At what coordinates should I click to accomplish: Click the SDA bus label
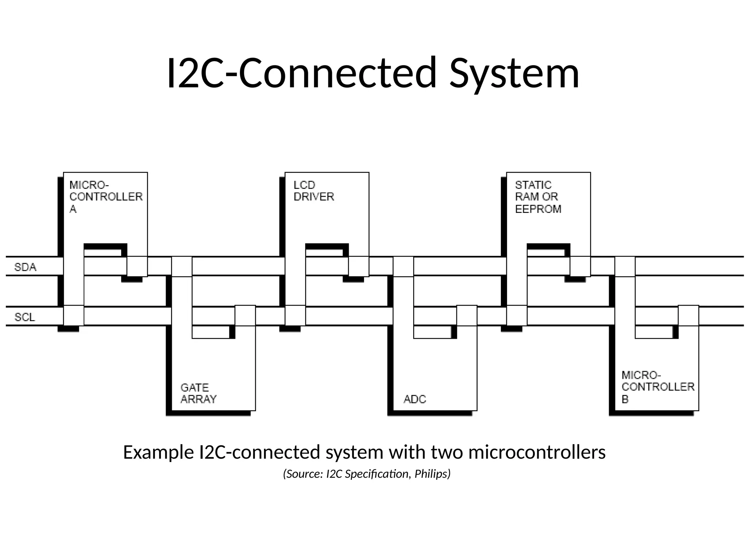(x=25, y=267)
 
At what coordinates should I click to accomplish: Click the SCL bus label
(x=25, y=317)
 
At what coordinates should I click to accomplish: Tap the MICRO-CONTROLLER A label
(x=106, y=197)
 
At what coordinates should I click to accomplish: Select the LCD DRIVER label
(x=314, y=191)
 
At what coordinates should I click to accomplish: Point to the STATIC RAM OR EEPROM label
(x=538, y=197)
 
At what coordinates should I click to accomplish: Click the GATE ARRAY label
(x=198, y=393)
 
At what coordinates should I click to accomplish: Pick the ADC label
(x=415, y=399)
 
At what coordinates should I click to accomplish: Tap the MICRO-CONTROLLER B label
(x=658, y=387)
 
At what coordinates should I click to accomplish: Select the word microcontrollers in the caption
(x=537, y=452)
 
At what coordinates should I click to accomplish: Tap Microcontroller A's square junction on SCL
(x=74, y=315)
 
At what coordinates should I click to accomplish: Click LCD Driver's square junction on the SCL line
(x=295, y=315)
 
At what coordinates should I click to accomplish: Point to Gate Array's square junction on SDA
(x=182, y=267)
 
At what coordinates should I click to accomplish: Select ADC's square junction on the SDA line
(x=403, y=267)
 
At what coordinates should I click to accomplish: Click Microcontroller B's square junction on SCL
(x=688, y=315)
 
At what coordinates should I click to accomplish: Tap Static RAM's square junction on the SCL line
(x=516, y=315)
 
